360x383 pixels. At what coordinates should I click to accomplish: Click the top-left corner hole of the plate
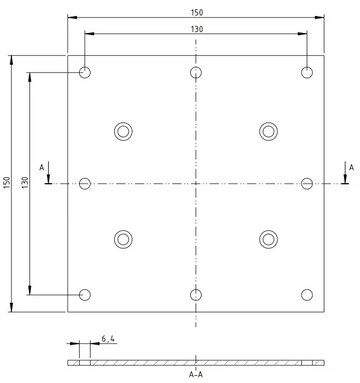click(x=85, y=72)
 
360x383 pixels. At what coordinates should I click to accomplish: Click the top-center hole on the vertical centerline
click(x=196, y=72)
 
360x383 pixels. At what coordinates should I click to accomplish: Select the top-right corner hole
click(x=307, y=72)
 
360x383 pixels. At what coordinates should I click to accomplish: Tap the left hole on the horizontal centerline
click(x=85, y=183)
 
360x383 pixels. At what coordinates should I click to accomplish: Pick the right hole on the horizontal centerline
click(x=307, y=183)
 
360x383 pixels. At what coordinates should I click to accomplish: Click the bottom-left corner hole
click(x=85, y=295)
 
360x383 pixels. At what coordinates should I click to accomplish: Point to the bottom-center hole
click(x=196, y=295)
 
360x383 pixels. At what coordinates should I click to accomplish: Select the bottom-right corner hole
click(x=307, y=295)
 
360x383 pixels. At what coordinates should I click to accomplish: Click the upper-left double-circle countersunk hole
click(x=123, y=131)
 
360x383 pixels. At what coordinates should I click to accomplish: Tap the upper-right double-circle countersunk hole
click(x=268, y=131)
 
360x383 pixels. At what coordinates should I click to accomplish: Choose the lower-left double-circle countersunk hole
click(x=123, y=239)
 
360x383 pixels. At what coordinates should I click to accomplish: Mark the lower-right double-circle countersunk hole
click(x=268, y=239)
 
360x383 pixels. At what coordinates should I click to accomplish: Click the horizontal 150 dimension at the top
click(x=196, y=12)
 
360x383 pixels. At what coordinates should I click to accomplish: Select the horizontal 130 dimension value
click(x=196, y=29)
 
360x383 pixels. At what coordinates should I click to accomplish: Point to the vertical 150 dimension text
click(x=7, y=183)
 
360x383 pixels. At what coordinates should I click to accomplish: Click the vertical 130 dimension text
click(x=25, y=183)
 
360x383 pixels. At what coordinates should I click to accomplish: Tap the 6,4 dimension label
click(x=108, y=339)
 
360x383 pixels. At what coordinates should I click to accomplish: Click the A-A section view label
click(x=196, y=374)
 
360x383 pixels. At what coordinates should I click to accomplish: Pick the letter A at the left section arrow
click(x=42, y=167)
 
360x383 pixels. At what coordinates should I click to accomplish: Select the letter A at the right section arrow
click(x=352, y=167)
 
